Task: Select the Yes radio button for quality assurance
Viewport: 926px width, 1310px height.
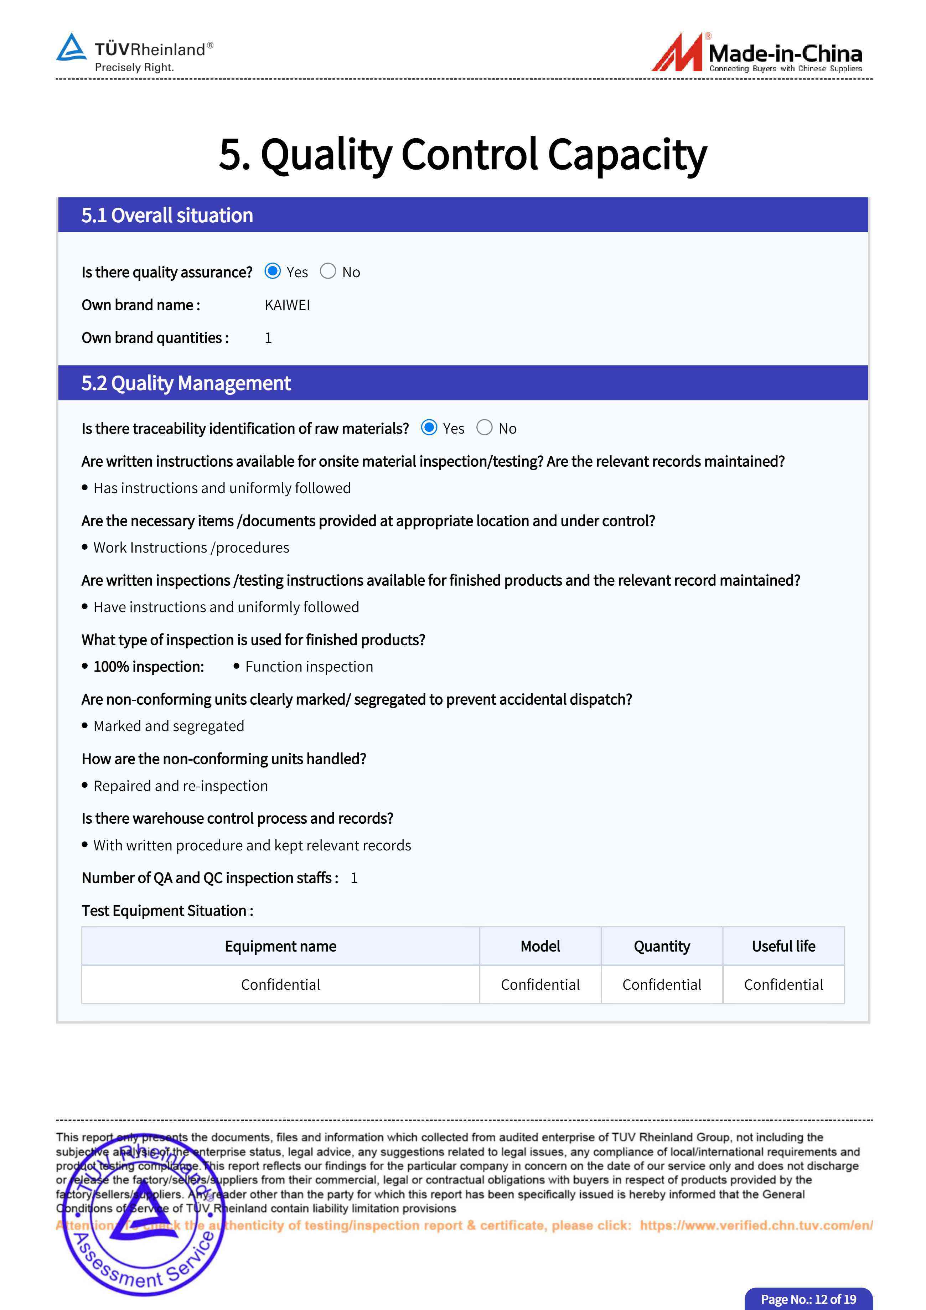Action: click(273, 271)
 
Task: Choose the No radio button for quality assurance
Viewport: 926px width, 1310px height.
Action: click(328, 271)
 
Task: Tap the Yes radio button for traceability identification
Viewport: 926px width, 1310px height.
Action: click(429, 428)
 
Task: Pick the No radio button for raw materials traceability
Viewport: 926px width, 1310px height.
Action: click(485, 428)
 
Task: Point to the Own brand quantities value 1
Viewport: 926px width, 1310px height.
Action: click(268, 338)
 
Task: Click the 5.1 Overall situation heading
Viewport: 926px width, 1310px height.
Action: click(167, 215)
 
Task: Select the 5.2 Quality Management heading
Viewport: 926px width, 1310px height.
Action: click(186, 383)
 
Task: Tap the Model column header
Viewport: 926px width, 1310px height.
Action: click(540, 946)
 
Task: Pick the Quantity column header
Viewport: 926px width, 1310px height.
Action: click(662, 946)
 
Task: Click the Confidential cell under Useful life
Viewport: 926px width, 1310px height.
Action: click(783, 984)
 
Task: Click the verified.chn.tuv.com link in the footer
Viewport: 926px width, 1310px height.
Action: click(756, 1225)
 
